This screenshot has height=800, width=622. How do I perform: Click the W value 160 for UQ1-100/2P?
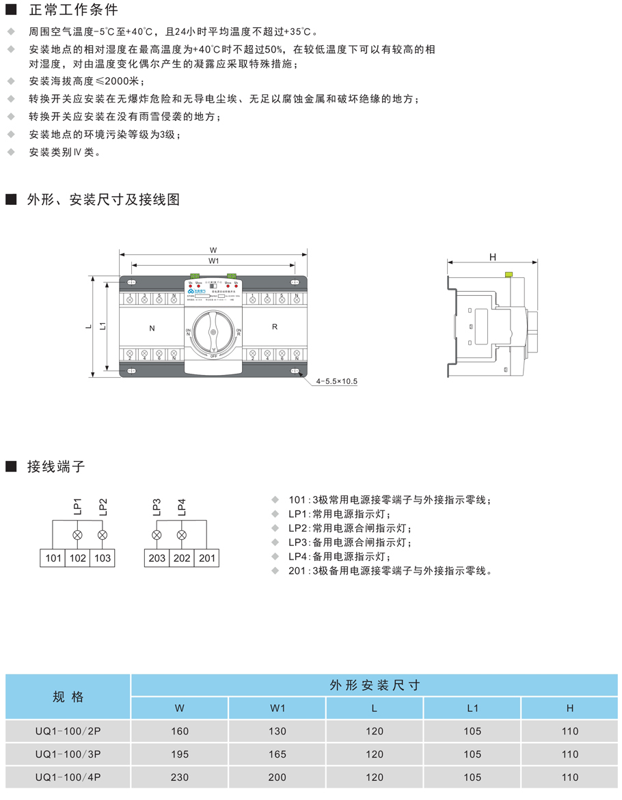pyautogui.click(x=180, y=731)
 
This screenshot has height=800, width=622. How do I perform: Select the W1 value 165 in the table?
pyautogui.click(x=278, y=754)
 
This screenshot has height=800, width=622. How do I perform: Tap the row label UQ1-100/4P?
pyautogui.click(x=68, y=777)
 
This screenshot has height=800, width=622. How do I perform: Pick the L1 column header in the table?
pyautogui.click(x=472, y=708)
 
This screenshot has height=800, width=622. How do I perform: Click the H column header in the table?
pyautogui.click(x=570, y=708)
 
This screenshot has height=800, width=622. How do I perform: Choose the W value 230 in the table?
pyautogui.click(x=180, y=777)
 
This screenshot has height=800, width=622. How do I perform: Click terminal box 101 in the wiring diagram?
pyautogui.click(x=53, y=558)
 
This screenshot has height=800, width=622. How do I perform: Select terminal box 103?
pyautogui.click(x=103, y=558)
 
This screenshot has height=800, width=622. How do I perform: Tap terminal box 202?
pyautogui.click(x=181, y=558)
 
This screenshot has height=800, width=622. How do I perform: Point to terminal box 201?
pyautogui.click(x=206, y=558)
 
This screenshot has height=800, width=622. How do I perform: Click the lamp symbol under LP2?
pyautogui.click(x=103, y=534)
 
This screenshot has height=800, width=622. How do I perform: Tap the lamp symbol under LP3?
pyautogui.click(x=157, y=534)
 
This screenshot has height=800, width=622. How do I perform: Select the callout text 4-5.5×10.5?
pyautogui.click(x=337, y=381)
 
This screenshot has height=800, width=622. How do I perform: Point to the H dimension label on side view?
pyautogui.click(x=492, y=257)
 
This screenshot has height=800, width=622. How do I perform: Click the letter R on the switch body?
pyautogui.click(x=275, y=327)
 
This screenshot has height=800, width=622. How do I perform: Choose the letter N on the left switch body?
pyautogui.click(x=152, y=328)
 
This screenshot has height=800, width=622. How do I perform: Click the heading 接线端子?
pyautogui.click(x=56, y=467)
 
